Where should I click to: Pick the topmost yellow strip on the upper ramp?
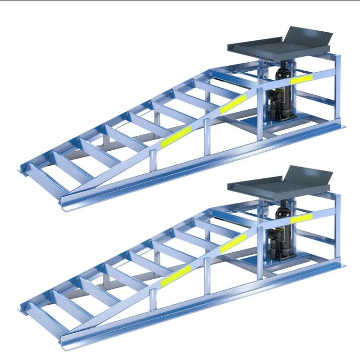click(301, 78)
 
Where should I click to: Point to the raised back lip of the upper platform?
click(308, 36)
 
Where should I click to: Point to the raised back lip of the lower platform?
click(308, 174)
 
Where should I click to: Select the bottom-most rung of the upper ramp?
click(44, 175)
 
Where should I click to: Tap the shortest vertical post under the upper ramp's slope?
click(153, 162)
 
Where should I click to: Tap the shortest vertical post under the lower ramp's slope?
click(153, 300)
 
